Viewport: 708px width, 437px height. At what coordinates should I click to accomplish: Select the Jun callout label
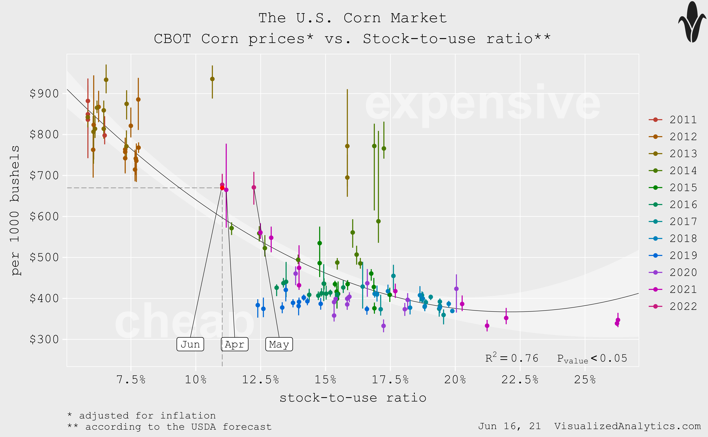click(190, 344)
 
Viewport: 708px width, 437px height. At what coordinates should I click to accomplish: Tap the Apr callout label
click(235, 344)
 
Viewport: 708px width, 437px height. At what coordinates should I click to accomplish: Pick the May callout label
click(279, 344)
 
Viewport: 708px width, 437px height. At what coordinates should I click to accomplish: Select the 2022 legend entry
click(673, 306)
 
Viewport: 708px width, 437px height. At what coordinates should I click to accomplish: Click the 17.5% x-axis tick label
click(390, 379)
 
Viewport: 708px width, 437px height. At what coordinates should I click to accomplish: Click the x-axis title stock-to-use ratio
click(353, 398)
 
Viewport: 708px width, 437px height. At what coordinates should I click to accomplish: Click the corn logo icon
click(692, 22)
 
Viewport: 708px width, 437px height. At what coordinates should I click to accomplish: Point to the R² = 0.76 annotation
click(512, 358)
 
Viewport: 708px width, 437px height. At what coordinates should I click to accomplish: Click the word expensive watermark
click(482, 104)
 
